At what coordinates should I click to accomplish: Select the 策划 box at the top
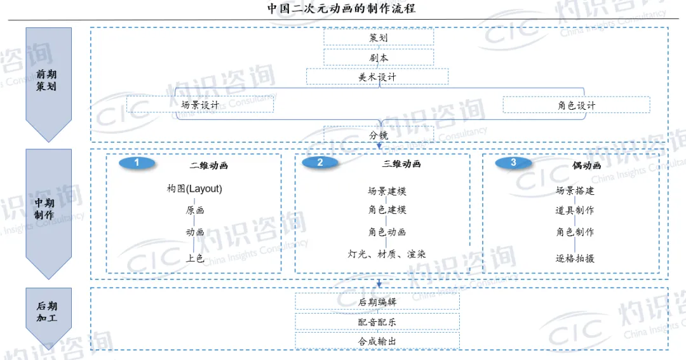tap(379, 37)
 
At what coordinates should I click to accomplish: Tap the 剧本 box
tap(379, 58)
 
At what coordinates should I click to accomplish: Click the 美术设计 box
tap(377, 77)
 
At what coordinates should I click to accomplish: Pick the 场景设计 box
tap(199, 105)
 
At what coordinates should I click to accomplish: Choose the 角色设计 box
tap(576, 105)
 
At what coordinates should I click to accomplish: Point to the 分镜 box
tap(379, 135)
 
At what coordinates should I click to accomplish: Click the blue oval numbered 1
tap(137, 163)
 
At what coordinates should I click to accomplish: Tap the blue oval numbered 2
tap(319, 163)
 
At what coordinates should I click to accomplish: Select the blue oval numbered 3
tap(513, 163)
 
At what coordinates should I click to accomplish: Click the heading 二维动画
tap(209, 166)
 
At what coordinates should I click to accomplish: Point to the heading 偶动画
tap(586, 166)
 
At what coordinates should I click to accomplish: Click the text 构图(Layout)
tap(194, 189)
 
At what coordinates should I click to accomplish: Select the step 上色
tap(195, 258)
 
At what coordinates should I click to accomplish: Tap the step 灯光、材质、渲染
tap(386, 254)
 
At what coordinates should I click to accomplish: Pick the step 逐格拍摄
tap(575, 258)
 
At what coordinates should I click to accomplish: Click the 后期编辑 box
tap(377, 302)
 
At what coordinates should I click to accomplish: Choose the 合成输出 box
tap(377, 341)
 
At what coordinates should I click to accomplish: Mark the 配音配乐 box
tap(377, 322)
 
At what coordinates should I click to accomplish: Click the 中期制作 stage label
tap(44, 209)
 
